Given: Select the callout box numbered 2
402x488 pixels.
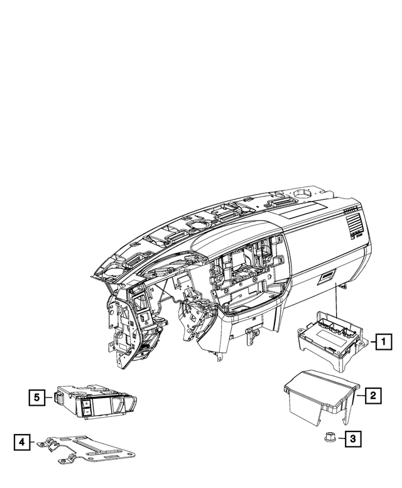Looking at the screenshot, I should point(372,395).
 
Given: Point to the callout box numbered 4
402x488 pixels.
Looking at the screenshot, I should point(21,442).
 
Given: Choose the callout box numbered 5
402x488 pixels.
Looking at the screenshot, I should point(37,396).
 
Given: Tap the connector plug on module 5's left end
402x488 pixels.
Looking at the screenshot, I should point(57,396).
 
